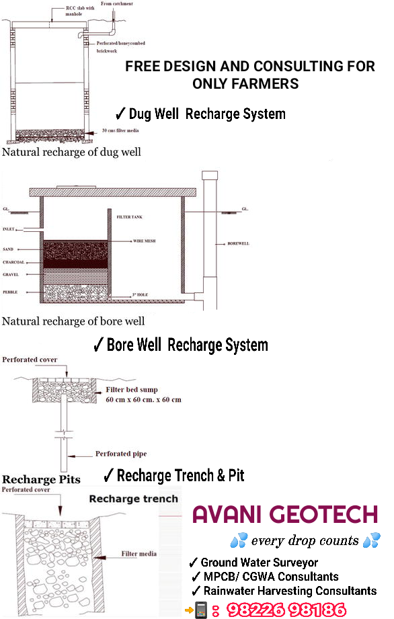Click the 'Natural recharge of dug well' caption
pyautogui.click(x=71, y=152)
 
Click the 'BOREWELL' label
pyautogui.click(x=238, y=243)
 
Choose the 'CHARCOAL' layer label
pyautogui.click(x=13, y=262)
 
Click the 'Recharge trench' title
pyautogui.click(x=134, y=499)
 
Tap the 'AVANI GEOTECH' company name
pyautogui.click(x=285, y=515)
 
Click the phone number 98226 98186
pyautogui.click(x=286, y=610)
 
